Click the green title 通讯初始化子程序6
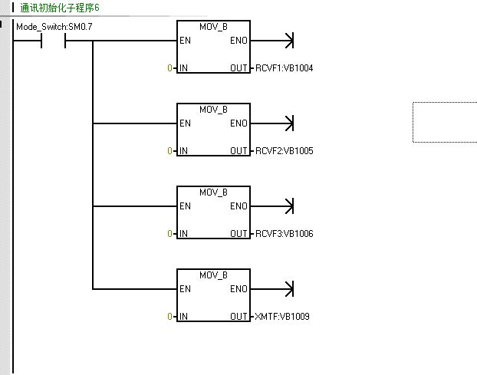(60, 8)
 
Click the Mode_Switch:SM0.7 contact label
(54, 27)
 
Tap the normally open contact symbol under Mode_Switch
(53, 41)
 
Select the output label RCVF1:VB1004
(285, 67)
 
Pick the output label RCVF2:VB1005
(285, 150)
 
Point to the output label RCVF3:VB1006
(285, 233)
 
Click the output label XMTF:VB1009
(282, 316)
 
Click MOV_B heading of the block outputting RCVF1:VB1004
(213, 27)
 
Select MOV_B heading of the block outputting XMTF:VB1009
(213, 275)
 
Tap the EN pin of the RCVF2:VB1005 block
(185, 123)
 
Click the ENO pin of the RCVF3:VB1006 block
(238, 206)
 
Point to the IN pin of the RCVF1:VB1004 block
(183, 67)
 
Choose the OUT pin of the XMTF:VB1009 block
(238, 316)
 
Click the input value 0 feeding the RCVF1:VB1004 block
(169, 67)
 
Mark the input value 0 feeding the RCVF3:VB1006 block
(169, 233)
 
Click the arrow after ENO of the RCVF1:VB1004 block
(272, 41)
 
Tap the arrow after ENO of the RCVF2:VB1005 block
(272, 123)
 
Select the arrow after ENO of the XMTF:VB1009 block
(272, 288)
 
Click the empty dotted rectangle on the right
(413, 122)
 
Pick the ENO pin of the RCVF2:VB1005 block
(238, 123)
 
